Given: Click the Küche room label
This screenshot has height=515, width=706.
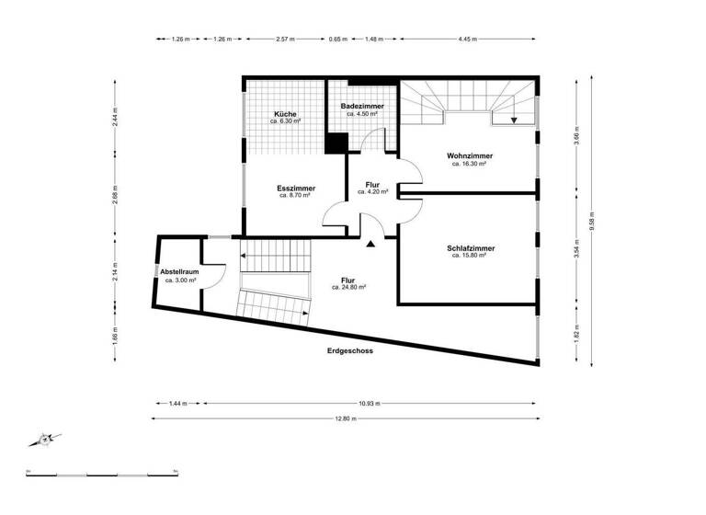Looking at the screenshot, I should (284, 114).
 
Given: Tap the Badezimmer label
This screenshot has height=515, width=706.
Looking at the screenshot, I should (361, 108).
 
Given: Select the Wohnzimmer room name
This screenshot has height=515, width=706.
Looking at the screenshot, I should (469, 155).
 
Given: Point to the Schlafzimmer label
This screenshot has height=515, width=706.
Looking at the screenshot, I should (469, 248).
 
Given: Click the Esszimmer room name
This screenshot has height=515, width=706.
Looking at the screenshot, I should (295, 189).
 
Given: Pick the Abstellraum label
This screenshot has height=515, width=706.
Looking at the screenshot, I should (179, 272).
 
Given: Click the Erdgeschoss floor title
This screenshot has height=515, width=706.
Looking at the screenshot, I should (349, 350).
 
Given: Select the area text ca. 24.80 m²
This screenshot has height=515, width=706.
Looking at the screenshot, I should (348, 287).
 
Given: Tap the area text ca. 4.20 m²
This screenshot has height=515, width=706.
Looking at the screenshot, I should (372, 191).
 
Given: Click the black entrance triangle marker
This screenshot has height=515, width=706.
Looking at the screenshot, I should (370, 244).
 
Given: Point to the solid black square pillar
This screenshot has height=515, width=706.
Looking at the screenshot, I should (336, 144).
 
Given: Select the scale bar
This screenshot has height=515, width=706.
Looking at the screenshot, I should (101, 473).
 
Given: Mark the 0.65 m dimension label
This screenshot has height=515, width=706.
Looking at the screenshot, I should (338, 40).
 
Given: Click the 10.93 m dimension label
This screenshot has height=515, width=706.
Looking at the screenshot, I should (370, 403).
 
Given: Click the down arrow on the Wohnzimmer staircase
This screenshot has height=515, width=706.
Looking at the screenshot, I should (514, 120).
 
